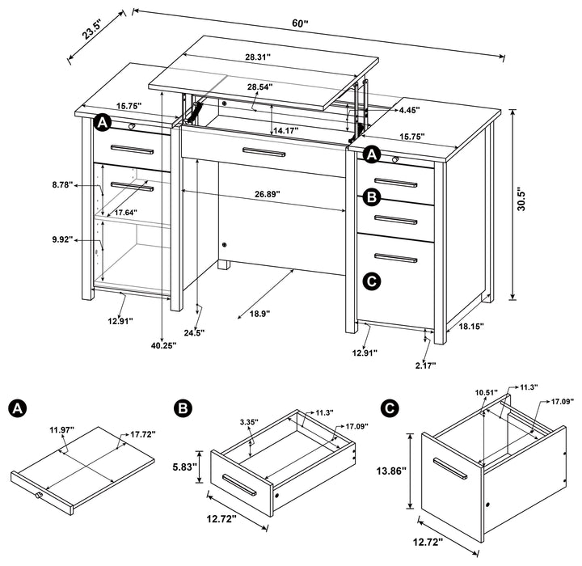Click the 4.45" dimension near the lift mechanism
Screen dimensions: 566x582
(408, 110)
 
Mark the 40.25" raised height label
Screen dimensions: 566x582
(163, 344)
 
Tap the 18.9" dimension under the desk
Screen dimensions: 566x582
(251, 312)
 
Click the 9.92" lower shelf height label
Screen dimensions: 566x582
(61, 239)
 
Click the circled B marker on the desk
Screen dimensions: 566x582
(371, 196)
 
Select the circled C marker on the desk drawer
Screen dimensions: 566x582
(371, 281)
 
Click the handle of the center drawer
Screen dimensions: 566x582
(264, 153)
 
